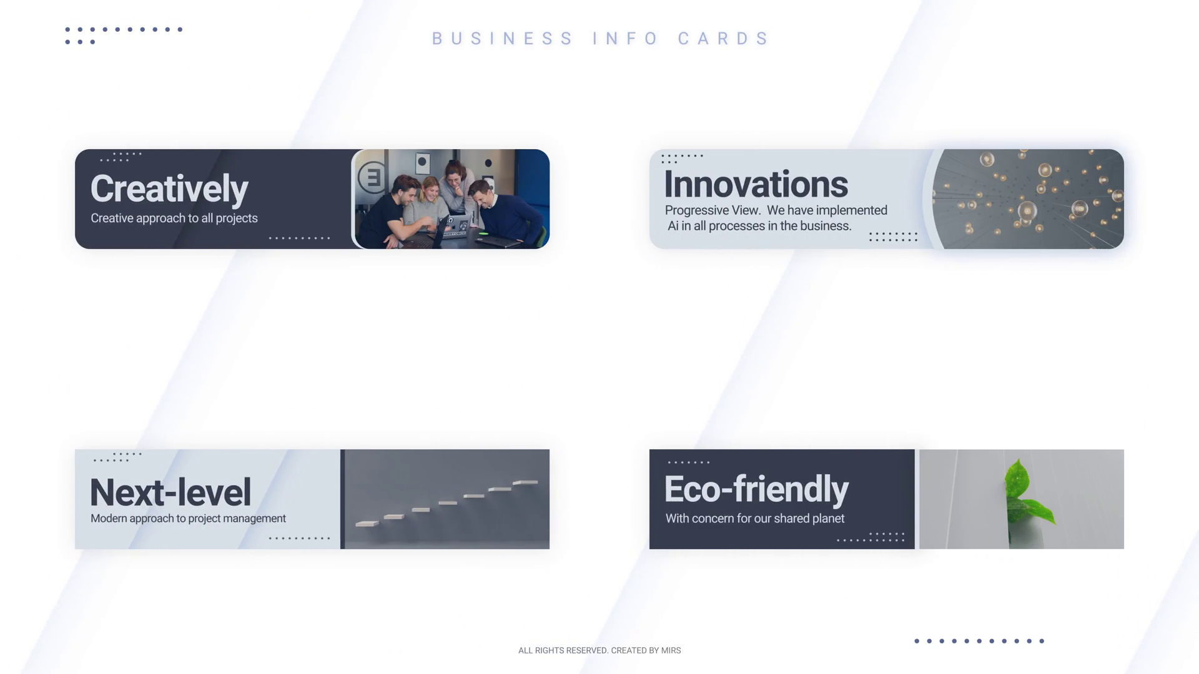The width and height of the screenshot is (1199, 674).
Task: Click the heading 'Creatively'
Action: tap(169, 189)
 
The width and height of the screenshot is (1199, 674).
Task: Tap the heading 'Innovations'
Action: tap(756, 185)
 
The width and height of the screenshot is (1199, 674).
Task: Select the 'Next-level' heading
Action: tap(170, 492)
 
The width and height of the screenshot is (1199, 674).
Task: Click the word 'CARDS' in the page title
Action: tap(723, 39)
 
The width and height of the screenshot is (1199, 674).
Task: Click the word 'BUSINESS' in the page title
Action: tap(502, 39)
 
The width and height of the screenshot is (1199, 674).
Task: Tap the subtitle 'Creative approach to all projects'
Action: tap(174, 218)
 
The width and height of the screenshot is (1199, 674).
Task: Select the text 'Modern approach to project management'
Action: tap(188, 519)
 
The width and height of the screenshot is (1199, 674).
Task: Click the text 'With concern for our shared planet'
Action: tap(755, 519)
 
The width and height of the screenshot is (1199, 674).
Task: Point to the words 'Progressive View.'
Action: tap(713, 210)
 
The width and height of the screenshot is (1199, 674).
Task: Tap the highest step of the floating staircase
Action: tap(525, 482)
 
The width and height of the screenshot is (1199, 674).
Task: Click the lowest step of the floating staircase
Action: tap(367, 524)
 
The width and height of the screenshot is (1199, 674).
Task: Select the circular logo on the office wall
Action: tap(372, 178)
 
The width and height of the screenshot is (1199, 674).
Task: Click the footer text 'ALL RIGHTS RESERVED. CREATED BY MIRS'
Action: tap(599, 650)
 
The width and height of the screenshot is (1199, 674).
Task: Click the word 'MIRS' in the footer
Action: tap(671, 650)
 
